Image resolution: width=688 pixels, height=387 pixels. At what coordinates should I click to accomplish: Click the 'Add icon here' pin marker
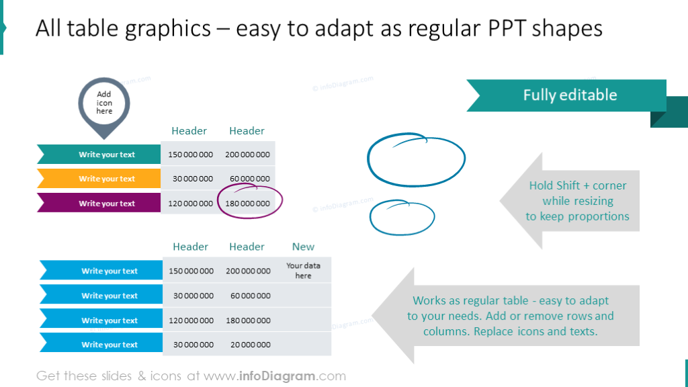pos(104,103)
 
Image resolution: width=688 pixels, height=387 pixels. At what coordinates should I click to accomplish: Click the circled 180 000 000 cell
pos(248,204)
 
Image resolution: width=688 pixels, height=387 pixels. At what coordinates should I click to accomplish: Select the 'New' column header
pos(303,247)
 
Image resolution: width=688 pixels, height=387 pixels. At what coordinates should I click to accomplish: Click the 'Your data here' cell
pos(303,271)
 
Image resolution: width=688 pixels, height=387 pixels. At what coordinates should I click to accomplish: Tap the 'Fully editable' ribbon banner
pos(569,95)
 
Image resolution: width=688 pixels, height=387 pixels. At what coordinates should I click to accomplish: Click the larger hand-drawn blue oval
pos(417,160)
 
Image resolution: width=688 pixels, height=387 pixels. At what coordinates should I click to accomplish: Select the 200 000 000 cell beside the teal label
pos(248,155)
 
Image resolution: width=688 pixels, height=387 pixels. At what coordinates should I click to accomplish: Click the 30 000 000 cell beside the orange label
pos(191,179)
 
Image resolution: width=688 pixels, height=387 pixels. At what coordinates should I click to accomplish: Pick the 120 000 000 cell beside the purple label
pos(191,204)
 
